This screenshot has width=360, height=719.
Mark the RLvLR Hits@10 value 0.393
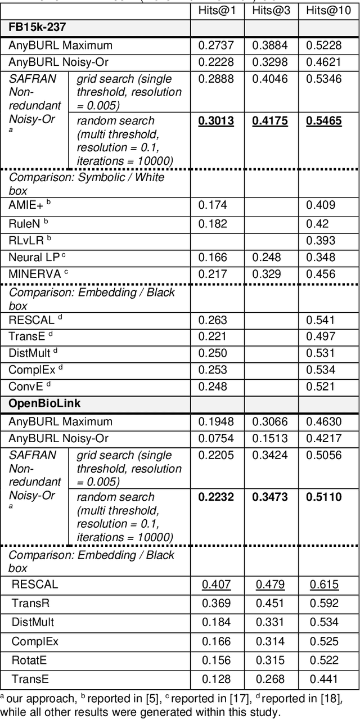click(320, 240)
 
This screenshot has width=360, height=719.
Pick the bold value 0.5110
click(324, 497)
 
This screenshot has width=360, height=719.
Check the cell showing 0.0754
click(214, 438)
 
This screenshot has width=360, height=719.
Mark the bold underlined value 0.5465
click(324, 121)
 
